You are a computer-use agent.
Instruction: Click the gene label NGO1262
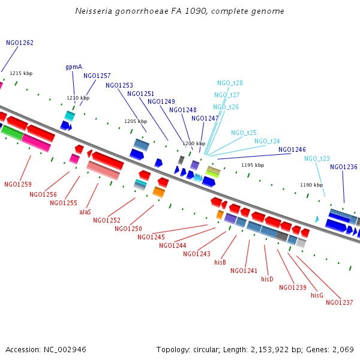(20, 43)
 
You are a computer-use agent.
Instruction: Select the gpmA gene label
(74, 67)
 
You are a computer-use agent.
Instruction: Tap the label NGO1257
(97, 76)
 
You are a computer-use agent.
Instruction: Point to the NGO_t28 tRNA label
(230, 83)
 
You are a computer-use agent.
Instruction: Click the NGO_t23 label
(317, 158)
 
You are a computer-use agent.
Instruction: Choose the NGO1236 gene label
(344, 167)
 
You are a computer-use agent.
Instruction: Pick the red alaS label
(85, 212)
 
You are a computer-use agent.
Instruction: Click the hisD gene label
(267, 279)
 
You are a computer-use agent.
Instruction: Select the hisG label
(317, 295)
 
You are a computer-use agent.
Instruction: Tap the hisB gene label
(220, 262)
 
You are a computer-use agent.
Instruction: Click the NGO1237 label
(340, 302)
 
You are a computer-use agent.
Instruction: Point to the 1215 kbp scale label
(21, 73)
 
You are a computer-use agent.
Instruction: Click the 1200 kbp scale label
(194, 143)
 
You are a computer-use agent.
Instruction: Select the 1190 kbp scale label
(311, 185)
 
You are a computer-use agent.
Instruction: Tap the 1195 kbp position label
(253, 165)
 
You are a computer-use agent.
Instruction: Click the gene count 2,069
(343, 349)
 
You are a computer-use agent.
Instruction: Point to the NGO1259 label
(18, 184)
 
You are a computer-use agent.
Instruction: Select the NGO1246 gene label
(292, 149)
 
